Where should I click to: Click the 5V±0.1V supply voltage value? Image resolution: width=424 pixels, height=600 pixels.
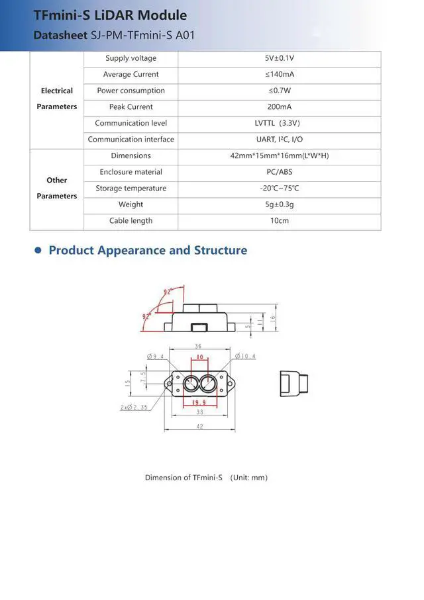pyautogui.click(x=279, y=58)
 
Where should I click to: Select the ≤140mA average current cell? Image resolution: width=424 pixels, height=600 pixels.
pyautogui.click(x=279, y=75)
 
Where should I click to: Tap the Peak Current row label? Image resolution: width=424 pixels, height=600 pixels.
pyautogui.click(x=131, y=107)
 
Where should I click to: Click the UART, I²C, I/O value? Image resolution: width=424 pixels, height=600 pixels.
pyautogui.click(x=279, y=140)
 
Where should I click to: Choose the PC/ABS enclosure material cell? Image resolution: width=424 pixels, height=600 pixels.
pyautogui.click(x=279, y=172)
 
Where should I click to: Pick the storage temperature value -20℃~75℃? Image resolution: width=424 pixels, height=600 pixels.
pyautogui.click(x=279, y=189)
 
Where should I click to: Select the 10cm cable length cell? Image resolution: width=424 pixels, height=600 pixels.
pyautogui.click(x=279, y=221)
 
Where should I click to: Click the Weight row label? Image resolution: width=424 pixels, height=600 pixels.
pyautogui.click(x=131, y=204)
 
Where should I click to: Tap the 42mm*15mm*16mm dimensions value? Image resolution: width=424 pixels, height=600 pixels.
pyautogui.click(x=279, y=156)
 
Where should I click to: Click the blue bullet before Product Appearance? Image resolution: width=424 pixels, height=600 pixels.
pyautogui.click(x=38, y=251)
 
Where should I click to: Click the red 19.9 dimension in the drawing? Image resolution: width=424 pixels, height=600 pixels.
pyautogui.click(x=199, y=402)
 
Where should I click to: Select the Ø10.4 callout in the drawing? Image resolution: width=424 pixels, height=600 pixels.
pyautogui.click(x=245, y=357)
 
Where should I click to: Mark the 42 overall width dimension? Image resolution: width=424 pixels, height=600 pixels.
pyautogui.click(x=199, y=427)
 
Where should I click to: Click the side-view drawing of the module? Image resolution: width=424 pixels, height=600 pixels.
pyautogui.click(x=293, y=382)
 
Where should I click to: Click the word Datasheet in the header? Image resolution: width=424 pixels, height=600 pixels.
pyautogui.click(x=60, y=35)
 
